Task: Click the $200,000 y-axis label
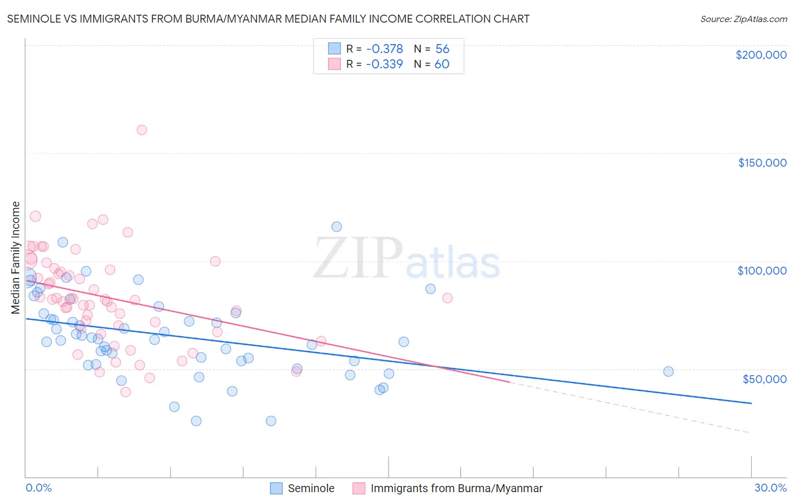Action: pos(761,55)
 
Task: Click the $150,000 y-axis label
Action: pos(762,163)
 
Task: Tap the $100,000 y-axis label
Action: pos(762,271)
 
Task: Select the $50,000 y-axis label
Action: pos(764,379)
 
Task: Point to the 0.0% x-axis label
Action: pos(38,488)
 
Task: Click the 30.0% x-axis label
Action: pos(770,488)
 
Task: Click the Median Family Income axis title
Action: pos(16,257)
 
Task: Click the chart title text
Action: pos(268,19)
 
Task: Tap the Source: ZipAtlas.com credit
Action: pos(743,19)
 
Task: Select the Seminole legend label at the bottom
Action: pos(311,488)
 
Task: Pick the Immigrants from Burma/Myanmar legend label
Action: pos(456,488)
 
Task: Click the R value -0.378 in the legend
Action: pos(384,49)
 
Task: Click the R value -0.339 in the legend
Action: pos(384,64)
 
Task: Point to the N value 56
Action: pos(442,49)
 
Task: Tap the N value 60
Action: pos(442,64)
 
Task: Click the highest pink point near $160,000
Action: pos(142,130)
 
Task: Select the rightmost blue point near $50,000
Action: pos(668,371)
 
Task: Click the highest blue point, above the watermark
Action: pos(337,227)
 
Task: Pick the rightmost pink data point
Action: pos(447,298)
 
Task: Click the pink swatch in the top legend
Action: pos(334,64)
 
